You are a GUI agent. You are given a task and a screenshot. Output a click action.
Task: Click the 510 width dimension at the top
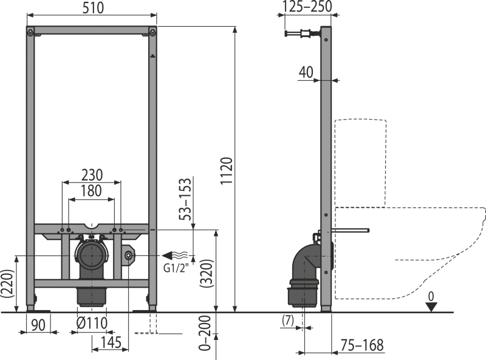tap(93, 8)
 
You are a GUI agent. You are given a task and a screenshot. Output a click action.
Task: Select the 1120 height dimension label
tap(227, 171)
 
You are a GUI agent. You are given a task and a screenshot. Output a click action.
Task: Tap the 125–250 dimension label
tap(308, 7)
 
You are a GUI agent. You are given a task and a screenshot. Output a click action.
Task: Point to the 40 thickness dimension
tap(306, 72)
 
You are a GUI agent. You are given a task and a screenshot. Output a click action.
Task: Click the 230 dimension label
tap(92, 175)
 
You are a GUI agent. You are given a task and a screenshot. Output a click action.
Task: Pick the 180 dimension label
tap(92, 191)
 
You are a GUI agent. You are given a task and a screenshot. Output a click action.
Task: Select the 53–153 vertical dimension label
tap(185, 199)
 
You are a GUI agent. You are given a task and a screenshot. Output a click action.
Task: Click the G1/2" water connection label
tap(176, 268)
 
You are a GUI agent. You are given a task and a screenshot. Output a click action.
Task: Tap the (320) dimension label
tap(207, 273)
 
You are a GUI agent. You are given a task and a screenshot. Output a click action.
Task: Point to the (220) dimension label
tap(7, 283)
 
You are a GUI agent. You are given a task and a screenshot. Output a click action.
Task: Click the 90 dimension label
tap(38, 325)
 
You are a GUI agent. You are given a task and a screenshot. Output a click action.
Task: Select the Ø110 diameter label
tap(92, 324)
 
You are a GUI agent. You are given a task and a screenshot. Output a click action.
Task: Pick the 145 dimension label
tap(111, 342)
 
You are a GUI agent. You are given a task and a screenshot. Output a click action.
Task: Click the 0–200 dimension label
tap(205, 333)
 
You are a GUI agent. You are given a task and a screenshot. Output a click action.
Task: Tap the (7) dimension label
tap(288, 320)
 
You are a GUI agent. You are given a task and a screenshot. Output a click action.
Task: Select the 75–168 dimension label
tap(362, 345)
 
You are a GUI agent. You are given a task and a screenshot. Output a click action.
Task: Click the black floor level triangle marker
tap(431, 307)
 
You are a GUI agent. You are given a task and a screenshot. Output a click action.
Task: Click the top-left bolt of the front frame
tap(30, 33)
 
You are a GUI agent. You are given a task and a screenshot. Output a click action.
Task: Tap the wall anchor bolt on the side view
tap(301, 33)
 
